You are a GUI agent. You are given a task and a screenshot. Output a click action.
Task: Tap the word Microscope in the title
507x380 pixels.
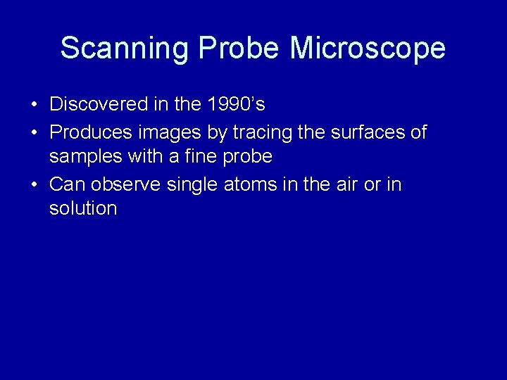pyautogui.click(x=368, y=49)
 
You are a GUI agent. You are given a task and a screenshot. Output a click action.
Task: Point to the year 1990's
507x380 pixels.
pyautogui.click(x=237, y=105)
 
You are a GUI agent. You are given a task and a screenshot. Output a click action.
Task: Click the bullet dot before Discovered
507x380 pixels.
pyautogui.click(x=35, y=106)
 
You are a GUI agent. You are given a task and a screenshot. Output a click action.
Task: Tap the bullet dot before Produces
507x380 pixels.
pyautogui.click(x=35, y=133)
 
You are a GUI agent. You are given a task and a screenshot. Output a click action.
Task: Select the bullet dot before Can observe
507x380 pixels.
pyautogui.click(x=35, y=185)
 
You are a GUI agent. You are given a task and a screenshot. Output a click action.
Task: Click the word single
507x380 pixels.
pyautogui.click(x=194, y=184)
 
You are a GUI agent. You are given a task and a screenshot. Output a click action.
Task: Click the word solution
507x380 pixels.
pyautogui.click(x=83, y=209)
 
